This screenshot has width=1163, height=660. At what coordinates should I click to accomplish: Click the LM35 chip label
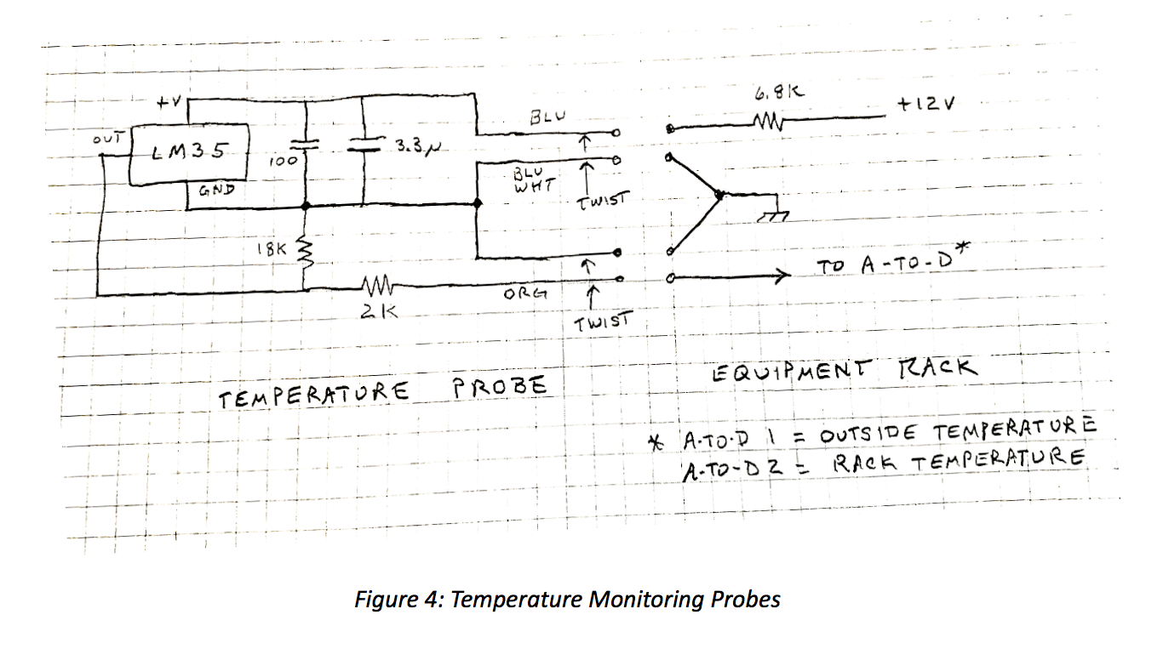(x=190, y=152)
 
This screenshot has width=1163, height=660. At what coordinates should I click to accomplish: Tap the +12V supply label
(x=926, y=104)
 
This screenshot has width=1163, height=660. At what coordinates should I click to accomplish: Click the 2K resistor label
(x=375, y=312)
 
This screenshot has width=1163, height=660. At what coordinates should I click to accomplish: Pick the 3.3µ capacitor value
(x=417, y=146)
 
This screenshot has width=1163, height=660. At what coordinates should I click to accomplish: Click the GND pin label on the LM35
(x=216, y=191)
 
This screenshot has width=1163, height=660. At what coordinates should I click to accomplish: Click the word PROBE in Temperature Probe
(x=500, y=387)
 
